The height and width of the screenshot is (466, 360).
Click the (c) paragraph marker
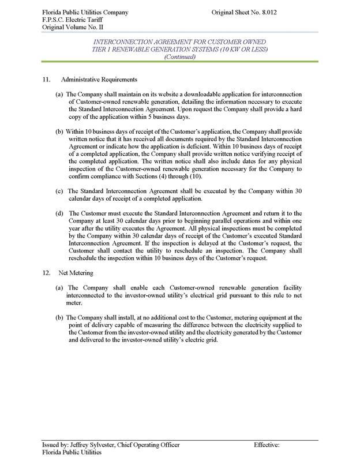[x=59, y=191]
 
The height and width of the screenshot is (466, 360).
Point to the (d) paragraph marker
[x=59, y=213]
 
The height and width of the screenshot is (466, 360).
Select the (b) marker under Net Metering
[x=59, y=317]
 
